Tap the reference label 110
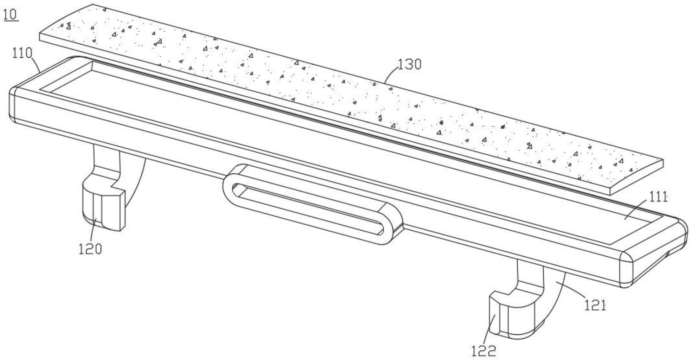click(22, 53)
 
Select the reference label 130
click(409, 64)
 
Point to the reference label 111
click(657, 197)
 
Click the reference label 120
click(90, 249)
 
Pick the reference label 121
click(595, 305)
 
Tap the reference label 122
click(483, 351)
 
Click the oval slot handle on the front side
click(311, 204)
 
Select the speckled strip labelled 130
click(352, 98)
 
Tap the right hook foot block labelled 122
click(513, 315)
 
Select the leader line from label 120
click(93, 230)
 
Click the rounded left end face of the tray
click(13, 105)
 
